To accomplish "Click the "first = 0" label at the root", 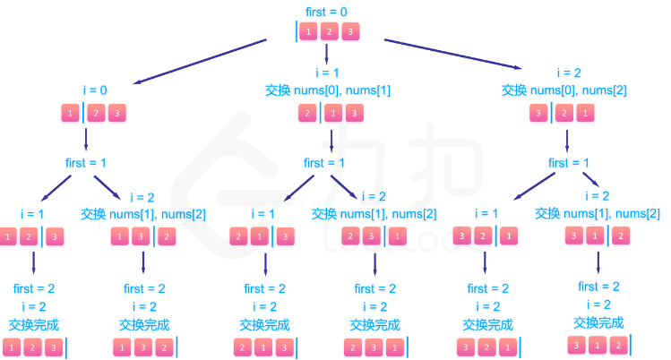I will (327, 12).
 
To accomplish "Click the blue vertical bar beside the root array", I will (297, 32).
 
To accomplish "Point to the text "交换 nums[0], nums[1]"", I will (328, 90).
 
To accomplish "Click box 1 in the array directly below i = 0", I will (69, 113).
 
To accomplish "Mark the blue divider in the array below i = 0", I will (82, 113).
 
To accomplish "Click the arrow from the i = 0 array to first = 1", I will (87, 139).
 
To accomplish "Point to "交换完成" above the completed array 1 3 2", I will (143, 323).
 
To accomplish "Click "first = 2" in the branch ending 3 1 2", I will (598, 287).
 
